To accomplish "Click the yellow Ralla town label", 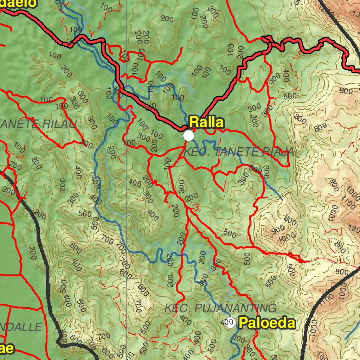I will click(x=206, y=122).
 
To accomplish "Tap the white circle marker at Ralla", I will click(x=189, y=135).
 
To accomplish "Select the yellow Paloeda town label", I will click(x=267, y=323).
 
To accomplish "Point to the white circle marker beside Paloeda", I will click(x=230, y=322).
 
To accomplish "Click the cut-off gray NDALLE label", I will click(x=21, y=327).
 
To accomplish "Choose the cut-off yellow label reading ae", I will click(x=7, y=348).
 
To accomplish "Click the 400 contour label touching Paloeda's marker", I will click(x=224, y=322).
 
